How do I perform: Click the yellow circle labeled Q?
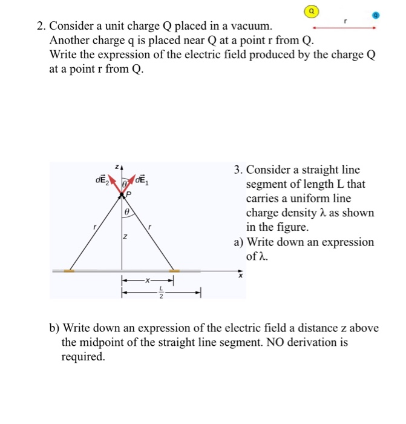tap(312, 11)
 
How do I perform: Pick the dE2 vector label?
tap(100, 180)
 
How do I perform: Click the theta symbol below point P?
tap(125, 213)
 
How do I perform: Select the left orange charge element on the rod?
tap(70, 271)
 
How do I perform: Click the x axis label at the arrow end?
tap(240, 277)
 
